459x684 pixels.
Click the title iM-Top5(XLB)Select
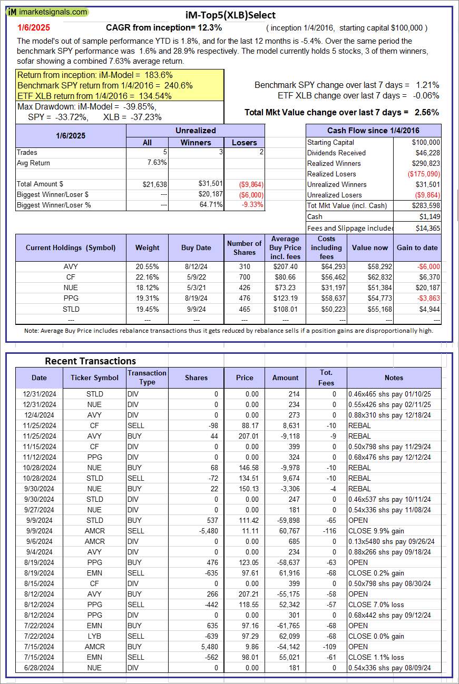coord(230,15)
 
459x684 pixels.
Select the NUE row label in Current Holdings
coord(70,288)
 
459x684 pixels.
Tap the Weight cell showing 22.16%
coord(147,277)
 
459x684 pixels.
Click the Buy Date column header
coord(196,247)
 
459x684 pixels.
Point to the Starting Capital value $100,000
coord(427,142)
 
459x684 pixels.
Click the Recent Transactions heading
coord(90,361)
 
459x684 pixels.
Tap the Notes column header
coord(394,378)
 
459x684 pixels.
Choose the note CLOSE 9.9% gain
coord(376,531)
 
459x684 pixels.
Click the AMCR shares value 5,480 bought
coord(207,647)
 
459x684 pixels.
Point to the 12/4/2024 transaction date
coord(39,415)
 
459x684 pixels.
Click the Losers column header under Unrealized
coord(245,142)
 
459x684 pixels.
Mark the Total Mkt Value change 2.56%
coord(427,112)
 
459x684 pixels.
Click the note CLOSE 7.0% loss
coord(375,604)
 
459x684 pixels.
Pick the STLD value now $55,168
coord(377,309)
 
